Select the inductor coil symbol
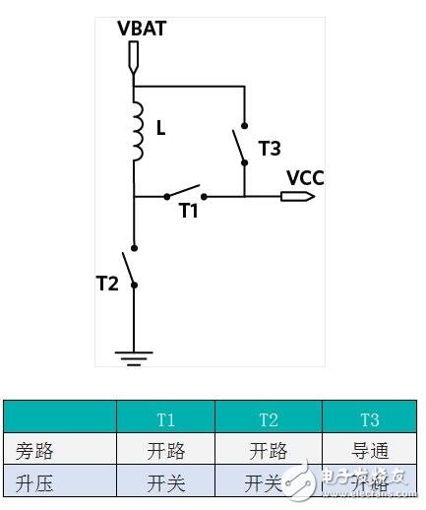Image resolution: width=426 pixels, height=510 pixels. pyautogui.click(x=136, y=132)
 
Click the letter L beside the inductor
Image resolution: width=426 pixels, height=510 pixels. pyautogui.click(x=161, y=127)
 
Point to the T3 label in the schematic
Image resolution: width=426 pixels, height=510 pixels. pyautogui.click(x=269, y=148)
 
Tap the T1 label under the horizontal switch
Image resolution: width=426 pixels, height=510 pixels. pyautogui.click(x=188, y=210)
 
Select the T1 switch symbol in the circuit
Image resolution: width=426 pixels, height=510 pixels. pyautogui.click(x=183, y=191)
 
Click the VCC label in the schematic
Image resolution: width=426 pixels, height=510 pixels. pyautogui.click(x=305, y=177)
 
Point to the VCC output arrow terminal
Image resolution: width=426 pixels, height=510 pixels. pyautogui.click(x=296, y=196)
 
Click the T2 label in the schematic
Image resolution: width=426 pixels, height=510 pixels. pyautogui.click(x=107, y=284)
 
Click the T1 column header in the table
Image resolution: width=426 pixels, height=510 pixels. pyautogui.click(x=166, y=420)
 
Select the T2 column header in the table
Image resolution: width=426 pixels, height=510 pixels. pyautogui.click(x=268, y=420)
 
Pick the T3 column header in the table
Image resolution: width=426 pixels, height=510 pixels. pyautogui.click(x=369, y=420)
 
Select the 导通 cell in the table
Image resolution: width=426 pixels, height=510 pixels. pyautogui.click(x=369, y=451)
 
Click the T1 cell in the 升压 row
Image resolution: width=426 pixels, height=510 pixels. pyautogui.click(x=166, y=483)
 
